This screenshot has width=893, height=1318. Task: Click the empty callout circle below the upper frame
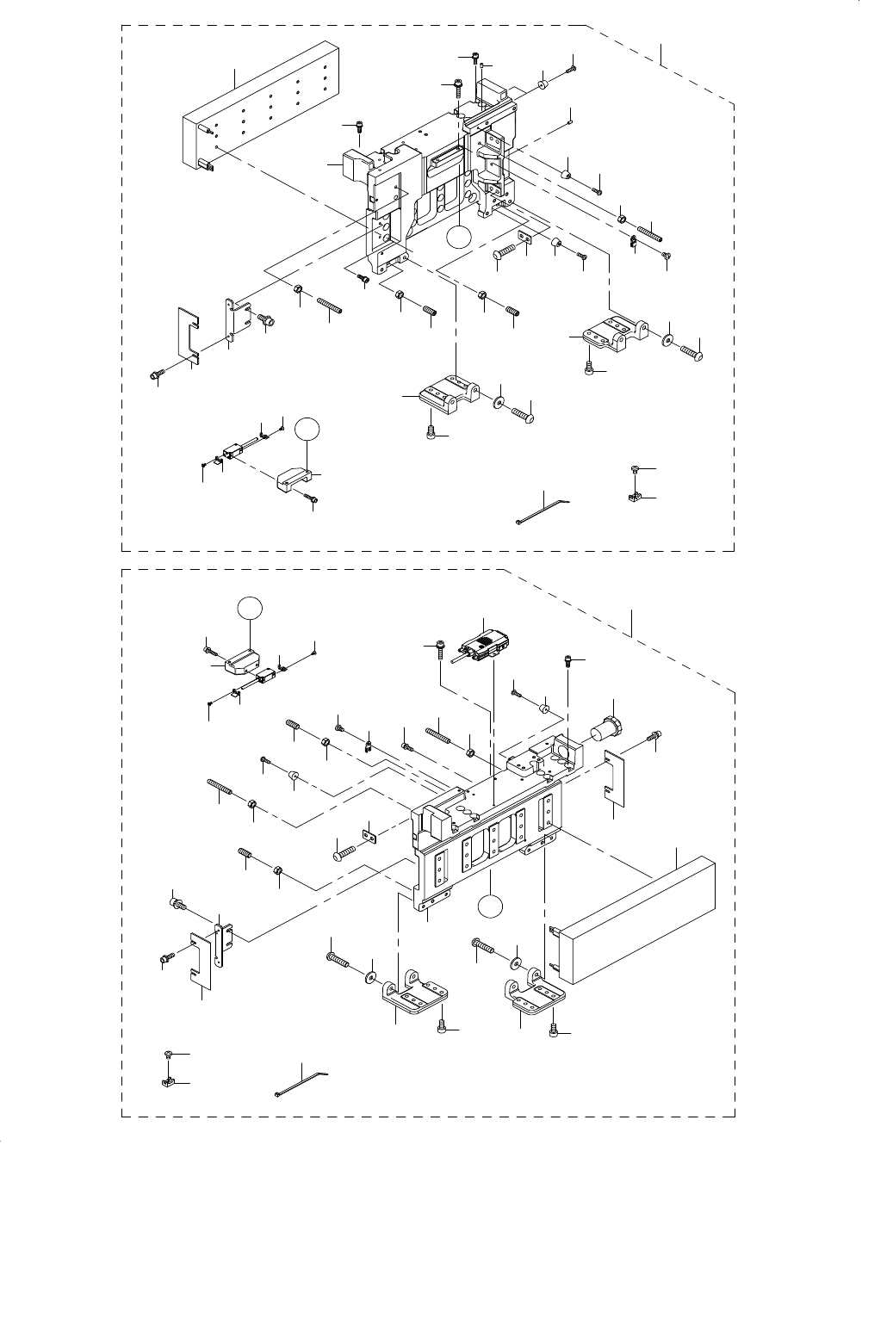[x=461, y=238]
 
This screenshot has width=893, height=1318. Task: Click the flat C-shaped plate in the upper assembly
[x=188, y=331]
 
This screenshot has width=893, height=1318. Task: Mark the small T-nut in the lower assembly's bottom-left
[x=169, y=1082]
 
